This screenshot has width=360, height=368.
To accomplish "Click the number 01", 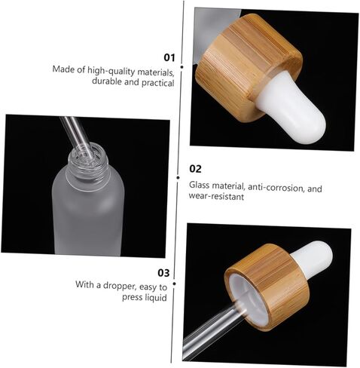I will point(169,57).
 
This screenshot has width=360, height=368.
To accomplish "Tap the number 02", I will point(195,169).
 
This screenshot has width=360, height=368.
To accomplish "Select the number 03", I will point(163,272).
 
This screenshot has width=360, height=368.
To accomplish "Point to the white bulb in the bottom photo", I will point(312,257).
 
